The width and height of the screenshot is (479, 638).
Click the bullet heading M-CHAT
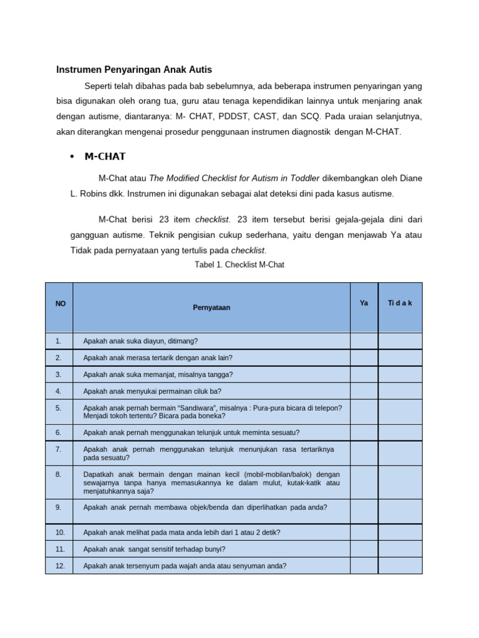[105, 156]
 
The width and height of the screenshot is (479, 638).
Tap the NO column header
[60, 303]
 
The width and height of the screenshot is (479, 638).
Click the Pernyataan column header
[211, 307]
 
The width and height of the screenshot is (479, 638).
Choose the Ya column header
[364, 303]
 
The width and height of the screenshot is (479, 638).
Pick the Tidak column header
[400, 303]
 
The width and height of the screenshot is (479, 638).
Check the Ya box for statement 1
[364, 341]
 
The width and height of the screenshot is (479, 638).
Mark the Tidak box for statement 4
[400, 391]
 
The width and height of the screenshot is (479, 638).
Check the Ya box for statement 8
[364, 482]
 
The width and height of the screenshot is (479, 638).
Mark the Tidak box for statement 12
[400, 566]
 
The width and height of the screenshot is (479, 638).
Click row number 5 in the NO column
[58, 407]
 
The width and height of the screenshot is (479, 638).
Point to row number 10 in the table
[59, 532]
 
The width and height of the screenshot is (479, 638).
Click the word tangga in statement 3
[221, 374]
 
